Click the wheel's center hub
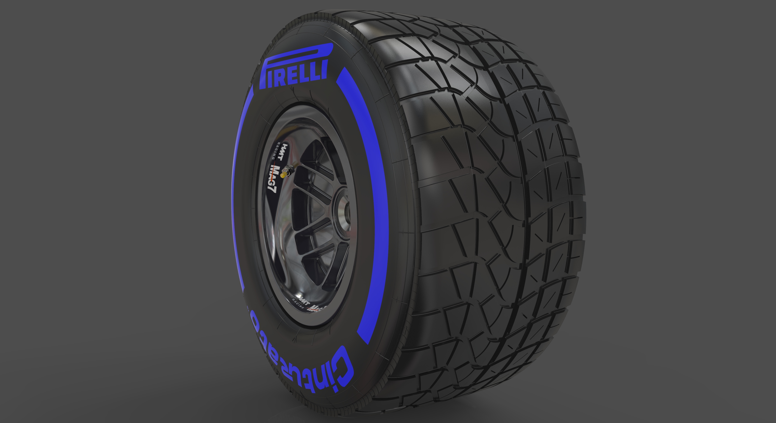click(x=343, y=208)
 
